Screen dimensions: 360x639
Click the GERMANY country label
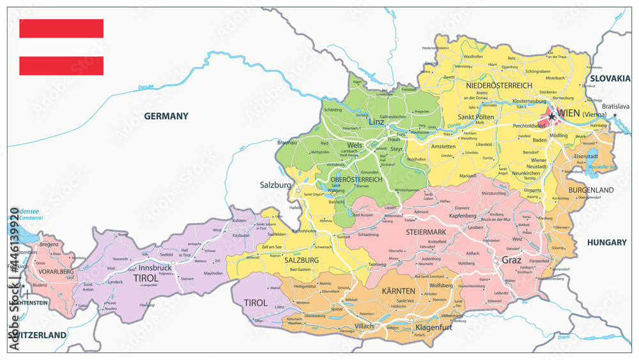[x=166, y=116]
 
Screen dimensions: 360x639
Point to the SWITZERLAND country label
[x=37, y=335]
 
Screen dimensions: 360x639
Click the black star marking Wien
[x=551, y=118]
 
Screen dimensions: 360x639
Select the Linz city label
[x=377, y=121]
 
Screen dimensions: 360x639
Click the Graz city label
[x=512, y=260]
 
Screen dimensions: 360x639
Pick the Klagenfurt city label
[x=434, y=327]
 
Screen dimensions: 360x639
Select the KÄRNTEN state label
[x=398, y=291]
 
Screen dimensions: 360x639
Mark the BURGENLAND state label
[x=592, y=190]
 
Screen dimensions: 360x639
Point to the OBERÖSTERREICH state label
[x=356, y=180]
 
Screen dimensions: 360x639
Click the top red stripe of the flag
[x=61, y=28]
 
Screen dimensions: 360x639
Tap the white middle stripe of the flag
[x=61, y=47]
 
